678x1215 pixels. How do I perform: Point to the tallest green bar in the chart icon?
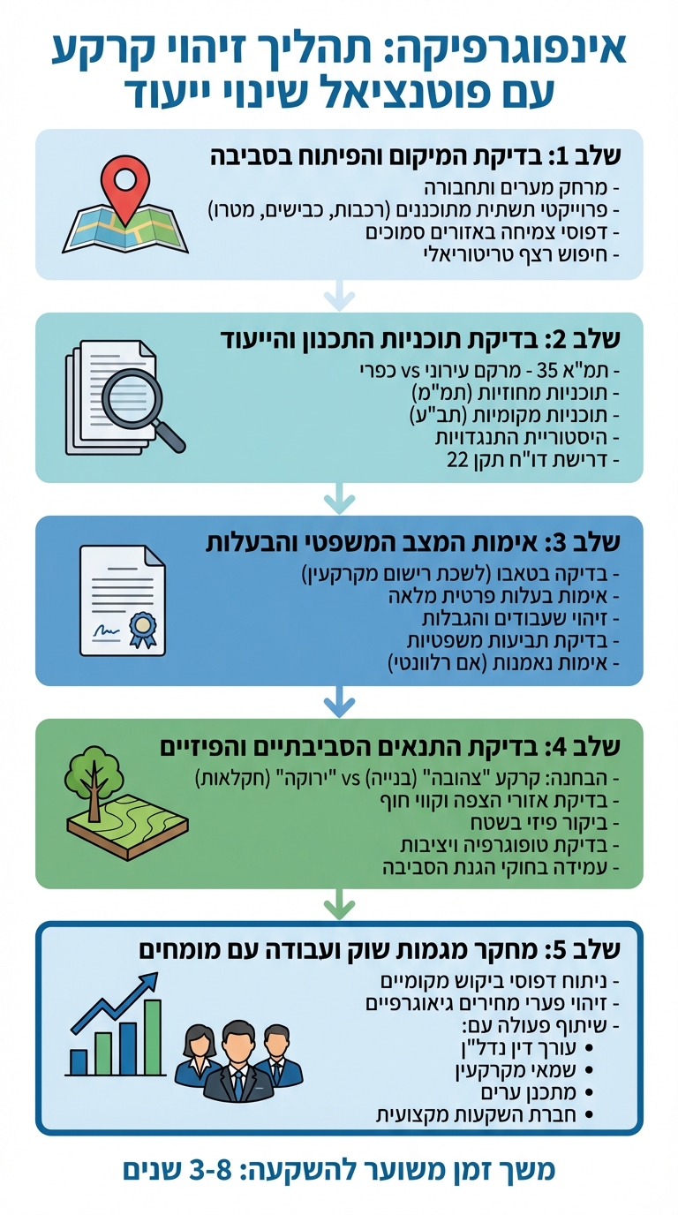click(x=153, y=1037)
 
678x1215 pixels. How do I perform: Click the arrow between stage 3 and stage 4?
click(x=339, y=702)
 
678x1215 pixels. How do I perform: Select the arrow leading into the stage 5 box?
click(x=339, y=905)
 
